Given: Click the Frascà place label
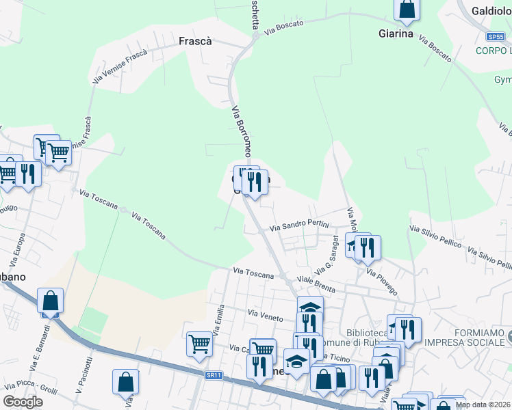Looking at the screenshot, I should point(195,41).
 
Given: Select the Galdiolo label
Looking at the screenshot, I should point(491,11).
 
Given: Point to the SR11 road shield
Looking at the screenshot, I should point(214,375).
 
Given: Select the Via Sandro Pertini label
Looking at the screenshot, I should point(299,225).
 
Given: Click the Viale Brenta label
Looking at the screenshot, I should point(316,285).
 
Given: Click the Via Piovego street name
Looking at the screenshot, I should point(381,282).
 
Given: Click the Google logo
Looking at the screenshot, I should point(23,402).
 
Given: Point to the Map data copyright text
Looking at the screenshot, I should point(483,405).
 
